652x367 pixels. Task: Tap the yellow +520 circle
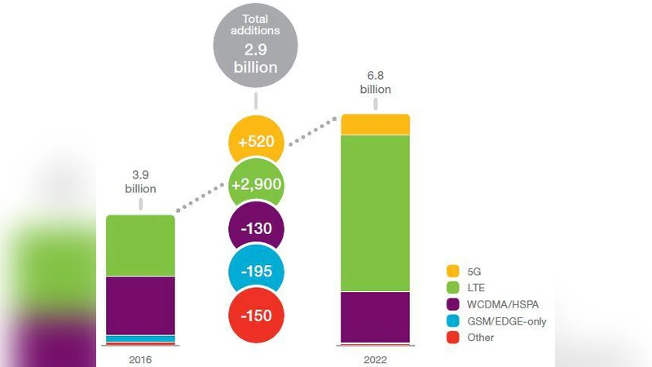click(257, 142)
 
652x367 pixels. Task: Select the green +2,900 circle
click(257, 184)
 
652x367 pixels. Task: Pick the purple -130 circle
click(257, 229)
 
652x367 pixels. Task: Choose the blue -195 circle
click(257, 272)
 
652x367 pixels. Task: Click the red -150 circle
click(257, 316)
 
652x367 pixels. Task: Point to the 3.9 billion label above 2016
click(140, 181)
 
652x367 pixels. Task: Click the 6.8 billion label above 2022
click(374, 82)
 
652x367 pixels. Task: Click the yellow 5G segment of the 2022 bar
click(375, 124)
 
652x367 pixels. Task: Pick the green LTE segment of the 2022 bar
click(375, 212)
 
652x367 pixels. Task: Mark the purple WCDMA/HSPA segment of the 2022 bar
click(375, 316)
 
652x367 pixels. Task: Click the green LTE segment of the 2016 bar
click(141, 245)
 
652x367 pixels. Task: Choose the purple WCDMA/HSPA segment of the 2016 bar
click(141, 305)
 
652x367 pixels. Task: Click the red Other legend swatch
click(453, 338)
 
